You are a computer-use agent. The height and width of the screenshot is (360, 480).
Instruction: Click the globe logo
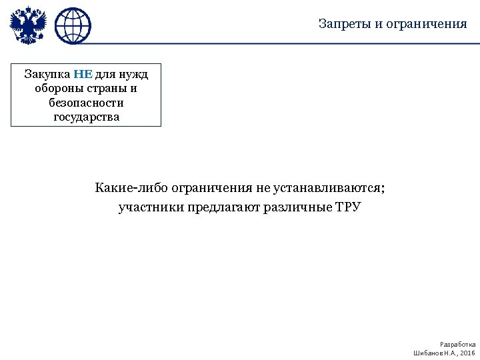pos(73,26)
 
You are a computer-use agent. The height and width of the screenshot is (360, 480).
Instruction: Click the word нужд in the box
pos(134,73)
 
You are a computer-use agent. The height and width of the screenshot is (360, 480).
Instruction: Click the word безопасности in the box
pos(86,103)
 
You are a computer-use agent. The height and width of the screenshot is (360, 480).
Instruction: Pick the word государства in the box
pos(86,117)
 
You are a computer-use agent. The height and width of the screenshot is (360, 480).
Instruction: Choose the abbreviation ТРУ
pos(348,207)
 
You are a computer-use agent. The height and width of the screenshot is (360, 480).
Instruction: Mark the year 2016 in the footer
pos(467,352)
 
